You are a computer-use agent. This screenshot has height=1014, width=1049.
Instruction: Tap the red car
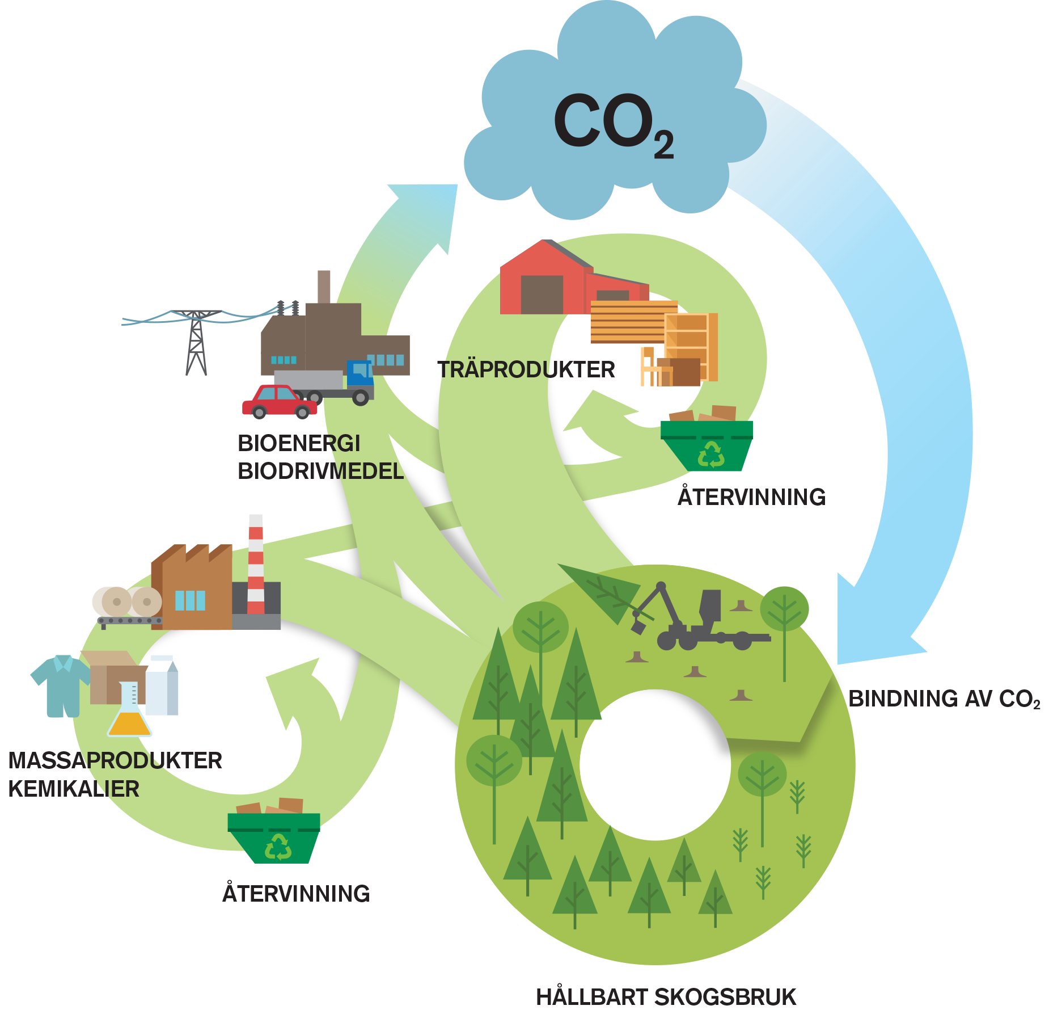point(279,401)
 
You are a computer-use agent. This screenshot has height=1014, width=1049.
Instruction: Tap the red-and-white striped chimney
point(256,565)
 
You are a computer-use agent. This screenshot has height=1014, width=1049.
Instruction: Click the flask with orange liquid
point(130,712)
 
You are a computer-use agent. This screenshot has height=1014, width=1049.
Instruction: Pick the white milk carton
point(162,685)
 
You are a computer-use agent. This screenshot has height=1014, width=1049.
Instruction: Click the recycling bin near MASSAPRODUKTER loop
point(274,838)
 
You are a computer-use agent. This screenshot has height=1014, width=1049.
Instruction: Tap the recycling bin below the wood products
point(707,445)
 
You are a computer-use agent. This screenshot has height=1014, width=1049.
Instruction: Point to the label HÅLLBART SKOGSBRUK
point(666,997)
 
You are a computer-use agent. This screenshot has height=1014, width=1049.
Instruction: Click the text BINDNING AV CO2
point(944,699)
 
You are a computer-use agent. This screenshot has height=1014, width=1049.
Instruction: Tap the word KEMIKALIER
point(74,789)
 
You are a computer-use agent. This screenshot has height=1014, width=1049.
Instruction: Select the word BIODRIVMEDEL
point(320,472)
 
